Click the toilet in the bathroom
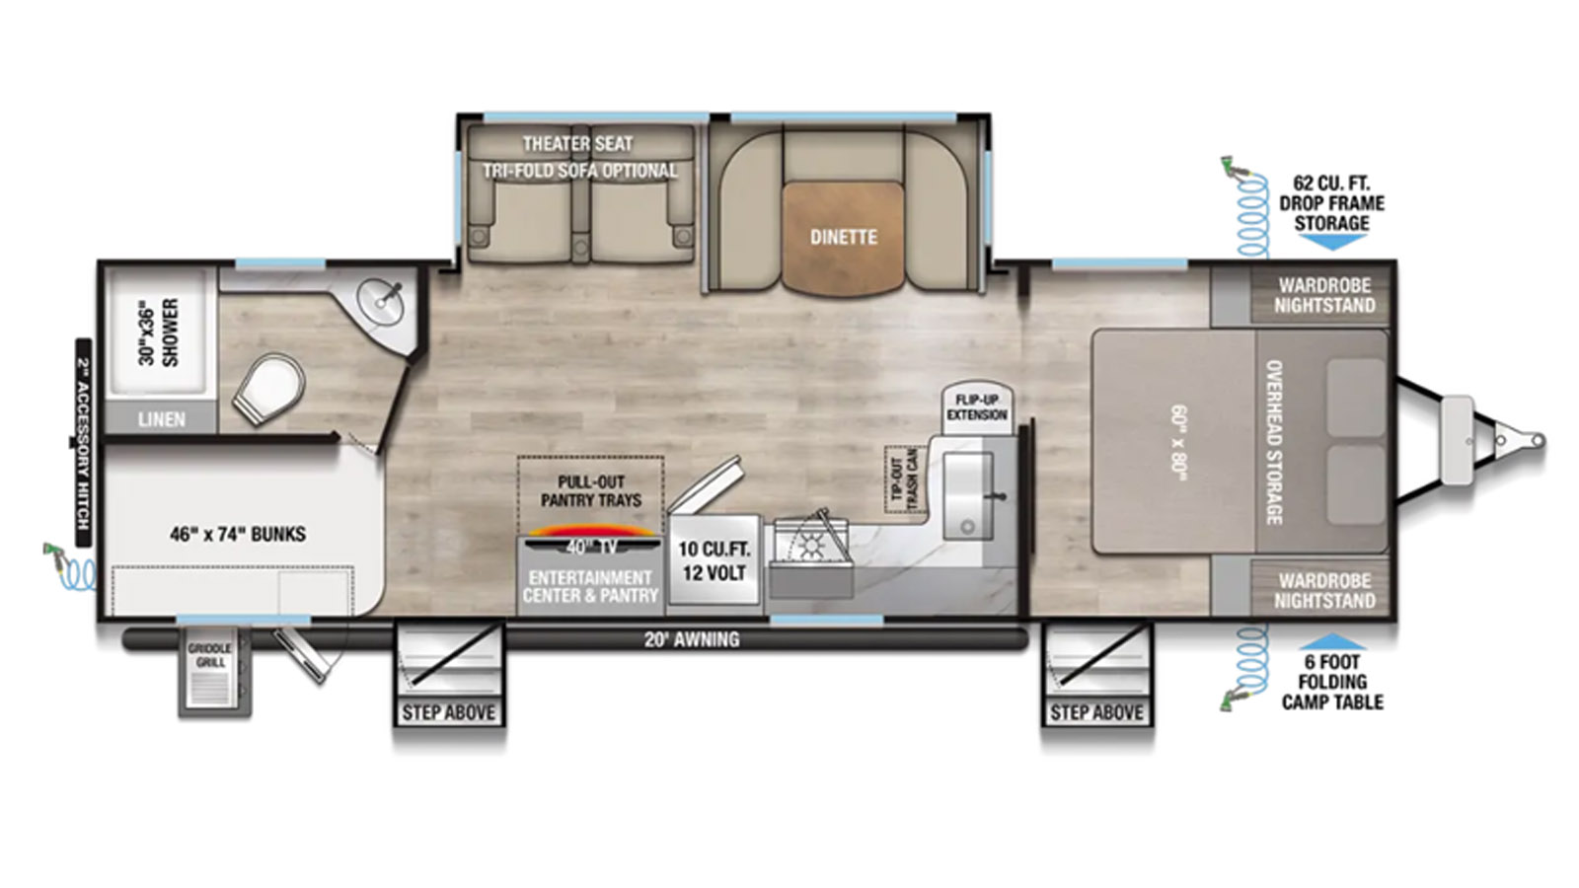click(x=267, y=389)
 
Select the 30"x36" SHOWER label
click(x=159, y=332)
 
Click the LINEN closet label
click(x=162, y=420)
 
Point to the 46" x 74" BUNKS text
click(x=238, y=534)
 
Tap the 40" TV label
click(x=591, y=547)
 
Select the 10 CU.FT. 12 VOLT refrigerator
click(x=714, y=559)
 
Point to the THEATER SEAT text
click(x=577, y=144)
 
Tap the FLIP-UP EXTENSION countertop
click(x=977, y=408)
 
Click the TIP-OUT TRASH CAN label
click(x=905, y=480)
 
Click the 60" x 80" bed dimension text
click(x=1178, y=442)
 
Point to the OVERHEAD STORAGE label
click(x=1273, y=443)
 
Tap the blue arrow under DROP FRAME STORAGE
click(x=1331, y=242)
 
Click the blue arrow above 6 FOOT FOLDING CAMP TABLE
click(x=1331, y=641)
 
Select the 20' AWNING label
click(x=692, y=639)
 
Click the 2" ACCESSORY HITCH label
click(x=83, y=443)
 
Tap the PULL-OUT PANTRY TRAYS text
click(x=591, y=491)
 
